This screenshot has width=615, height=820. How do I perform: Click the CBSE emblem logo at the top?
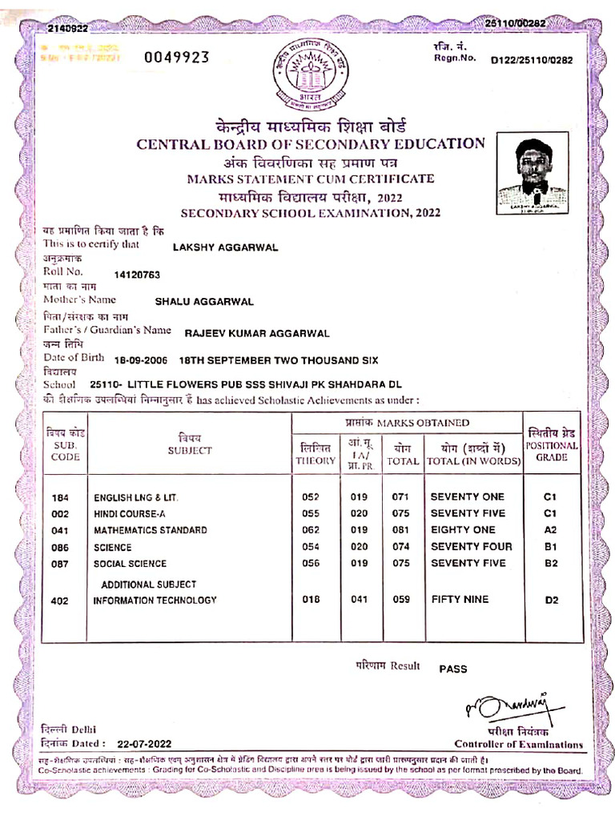pyautogui.click(x=308, y=74)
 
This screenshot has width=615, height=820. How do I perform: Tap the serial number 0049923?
pyautogui.click(x=176, y=57)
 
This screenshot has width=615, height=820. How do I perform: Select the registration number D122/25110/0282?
pyautogui.click(x=532, y=60)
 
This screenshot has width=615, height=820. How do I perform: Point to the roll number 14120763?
pyautogui.click(x=137, y=275)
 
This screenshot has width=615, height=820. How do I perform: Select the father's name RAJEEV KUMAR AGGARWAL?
pyautogui.click(x=257, y=332)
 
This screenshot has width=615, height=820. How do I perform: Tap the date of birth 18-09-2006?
pyautogui.click(x=140, y=360)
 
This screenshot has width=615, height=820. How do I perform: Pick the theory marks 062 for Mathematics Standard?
pyautogui.click(x=311, y=530)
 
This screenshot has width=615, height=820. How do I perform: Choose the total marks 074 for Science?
pyautogui.click(x=400, y=547)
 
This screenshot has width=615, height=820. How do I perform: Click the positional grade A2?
pyautogui.click(x=549, y=530)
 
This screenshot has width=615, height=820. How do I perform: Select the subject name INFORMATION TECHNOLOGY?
pyautogui.click(x=155, y=600)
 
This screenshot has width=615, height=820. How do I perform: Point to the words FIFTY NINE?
pyautogui.click(x=460, y=600)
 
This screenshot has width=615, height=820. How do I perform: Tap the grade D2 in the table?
pyautogui.click(x=550, y=600)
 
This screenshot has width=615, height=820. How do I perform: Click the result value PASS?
pyautogui.click(x=452, y=669)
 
